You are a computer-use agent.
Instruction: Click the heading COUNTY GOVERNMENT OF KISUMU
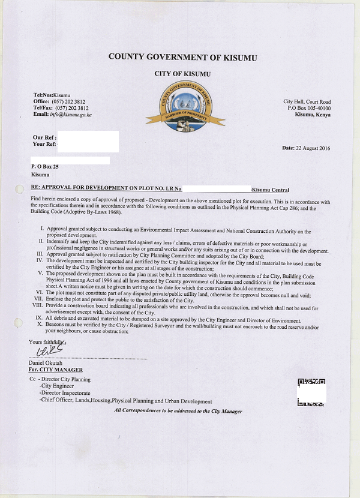(x=182, y=58)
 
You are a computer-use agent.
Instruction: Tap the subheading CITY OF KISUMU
(x=182, y=74)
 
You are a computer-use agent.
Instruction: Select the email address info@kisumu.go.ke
(x=71, y=115)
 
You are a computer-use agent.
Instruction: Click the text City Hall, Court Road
(x=307, y=102)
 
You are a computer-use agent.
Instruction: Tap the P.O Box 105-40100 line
(x=309, y=108)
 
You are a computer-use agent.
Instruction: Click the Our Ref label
(x=44, y=138)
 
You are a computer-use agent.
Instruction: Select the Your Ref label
(x=44, y=144)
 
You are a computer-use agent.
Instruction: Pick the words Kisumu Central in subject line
(x=271, y=190)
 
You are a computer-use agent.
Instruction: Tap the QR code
(x=311, y=392)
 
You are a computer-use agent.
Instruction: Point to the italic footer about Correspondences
(x=178, y=411)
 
